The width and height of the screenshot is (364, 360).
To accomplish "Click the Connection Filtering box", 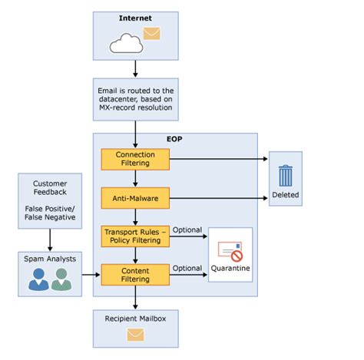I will tap(134, 159).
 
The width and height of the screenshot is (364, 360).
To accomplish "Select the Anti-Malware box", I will tap(134, 198).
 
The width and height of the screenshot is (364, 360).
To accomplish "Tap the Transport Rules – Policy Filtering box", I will tap(134, 236).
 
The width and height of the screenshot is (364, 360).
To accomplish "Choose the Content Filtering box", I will tap(134, 274).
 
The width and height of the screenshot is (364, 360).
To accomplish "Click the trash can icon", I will tap(285, 175).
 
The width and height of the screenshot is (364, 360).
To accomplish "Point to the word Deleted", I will tap(285, 195).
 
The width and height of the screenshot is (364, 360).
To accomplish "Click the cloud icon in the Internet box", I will tap(125, 44).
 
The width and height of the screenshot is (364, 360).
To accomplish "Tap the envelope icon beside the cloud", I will tap(152, 34).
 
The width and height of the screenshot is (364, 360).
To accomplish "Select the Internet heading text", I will tap(135, 17).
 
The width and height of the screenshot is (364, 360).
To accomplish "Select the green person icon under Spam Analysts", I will tap(61, 281).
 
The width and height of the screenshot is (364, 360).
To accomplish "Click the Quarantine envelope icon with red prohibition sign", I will tap(230, 251).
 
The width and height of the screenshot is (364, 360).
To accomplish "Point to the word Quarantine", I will tap(230, 269).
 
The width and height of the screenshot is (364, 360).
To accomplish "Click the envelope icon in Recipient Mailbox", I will tap(135, 334).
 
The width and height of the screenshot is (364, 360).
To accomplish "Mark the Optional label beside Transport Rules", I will tap(187, 230).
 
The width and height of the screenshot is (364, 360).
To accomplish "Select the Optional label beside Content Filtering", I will tap(187, 268).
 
